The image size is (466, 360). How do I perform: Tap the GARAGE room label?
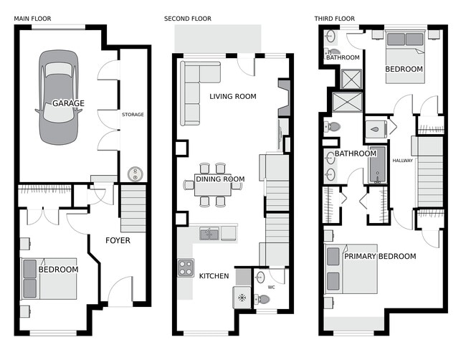68,103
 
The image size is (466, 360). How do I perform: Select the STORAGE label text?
133,115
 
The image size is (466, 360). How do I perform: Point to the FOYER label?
118,240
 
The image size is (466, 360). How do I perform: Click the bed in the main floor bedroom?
49,278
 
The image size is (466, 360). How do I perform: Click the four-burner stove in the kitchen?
186,267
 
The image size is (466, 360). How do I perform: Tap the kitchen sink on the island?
209,233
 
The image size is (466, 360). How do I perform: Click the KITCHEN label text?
214,276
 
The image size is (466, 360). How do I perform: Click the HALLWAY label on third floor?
402,161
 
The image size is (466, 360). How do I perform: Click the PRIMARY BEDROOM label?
379,256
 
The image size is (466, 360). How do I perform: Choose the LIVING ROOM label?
232,95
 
